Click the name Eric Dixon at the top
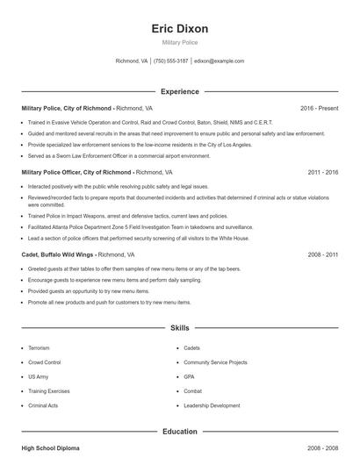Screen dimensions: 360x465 179,28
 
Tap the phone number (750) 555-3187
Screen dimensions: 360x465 171,61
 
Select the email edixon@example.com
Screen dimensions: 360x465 220,61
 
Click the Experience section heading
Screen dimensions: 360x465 179,91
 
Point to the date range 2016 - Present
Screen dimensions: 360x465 319,108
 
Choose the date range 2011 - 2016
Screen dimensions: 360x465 322,173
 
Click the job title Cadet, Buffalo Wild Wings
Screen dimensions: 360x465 58,254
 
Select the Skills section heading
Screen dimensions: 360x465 179,328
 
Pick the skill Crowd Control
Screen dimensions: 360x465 45,362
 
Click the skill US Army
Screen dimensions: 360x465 39,376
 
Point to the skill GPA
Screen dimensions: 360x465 189,376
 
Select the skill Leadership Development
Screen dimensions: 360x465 212,406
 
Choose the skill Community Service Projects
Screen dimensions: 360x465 216,362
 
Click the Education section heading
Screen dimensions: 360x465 179,432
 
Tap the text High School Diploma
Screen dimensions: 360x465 50,448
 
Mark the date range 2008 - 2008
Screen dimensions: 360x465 322,448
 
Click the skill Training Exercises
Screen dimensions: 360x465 49,391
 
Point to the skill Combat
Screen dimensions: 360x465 192,391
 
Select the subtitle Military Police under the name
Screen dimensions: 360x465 179,42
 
